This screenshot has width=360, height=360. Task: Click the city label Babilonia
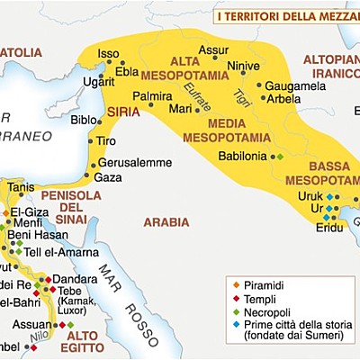pos(243,156)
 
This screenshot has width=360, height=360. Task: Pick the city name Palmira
pos(152,94)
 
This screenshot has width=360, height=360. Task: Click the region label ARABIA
pos(166,221)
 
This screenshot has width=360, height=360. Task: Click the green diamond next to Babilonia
pos(280,157)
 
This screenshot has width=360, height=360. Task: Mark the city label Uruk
pos(310,196)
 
